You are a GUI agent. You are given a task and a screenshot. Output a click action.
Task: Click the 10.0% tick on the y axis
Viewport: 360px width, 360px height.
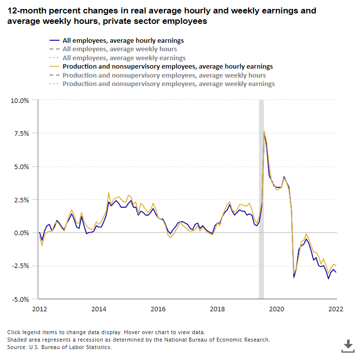point(20,100)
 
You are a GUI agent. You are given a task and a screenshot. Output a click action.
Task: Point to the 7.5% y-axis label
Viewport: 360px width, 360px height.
point(21,133)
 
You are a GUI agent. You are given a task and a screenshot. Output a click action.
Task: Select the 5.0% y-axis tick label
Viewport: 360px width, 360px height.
point(21,167)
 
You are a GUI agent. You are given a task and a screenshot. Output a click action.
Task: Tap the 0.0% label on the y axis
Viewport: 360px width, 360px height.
point(21,233)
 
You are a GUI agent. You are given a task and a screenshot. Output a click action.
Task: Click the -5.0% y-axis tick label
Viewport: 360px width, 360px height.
point(20,299)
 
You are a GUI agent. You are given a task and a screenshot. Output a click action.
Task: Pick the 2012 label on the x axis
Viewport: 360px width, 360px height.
point(39,309)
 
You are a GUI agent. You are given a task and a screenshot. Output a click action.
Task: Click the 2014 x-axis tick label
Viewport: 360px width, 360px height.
point(99,309)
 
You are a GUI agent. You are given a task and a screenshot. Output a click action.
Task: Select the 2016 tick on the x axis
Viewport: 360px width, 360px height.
point(158,309)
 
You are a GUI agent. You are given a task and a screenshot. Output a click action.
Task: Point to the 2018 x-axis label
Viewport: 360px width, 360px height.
point(217,309)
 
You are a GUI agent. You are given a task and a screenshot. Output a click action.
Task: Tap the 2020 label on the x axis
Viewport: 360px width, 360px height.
point(276,309)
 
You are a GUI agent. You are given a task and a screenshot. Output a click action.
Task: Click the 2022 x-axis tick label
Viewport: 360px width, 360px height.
point(336,309)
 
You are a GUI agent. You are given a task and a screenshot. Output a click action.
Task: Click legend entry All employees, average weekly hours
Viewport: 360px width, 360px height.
point(120,49)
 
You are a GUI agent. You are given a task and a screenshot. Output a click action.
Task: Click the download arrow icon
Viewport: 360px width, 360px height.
point(348,345)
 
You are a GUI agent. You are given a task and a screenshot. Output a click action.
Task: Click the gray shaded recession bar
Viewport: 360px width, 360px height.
point(261,199)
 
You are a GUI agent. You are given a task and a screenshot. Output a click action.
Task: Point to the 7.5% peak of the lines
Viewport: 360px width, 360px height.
point(264,132)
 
